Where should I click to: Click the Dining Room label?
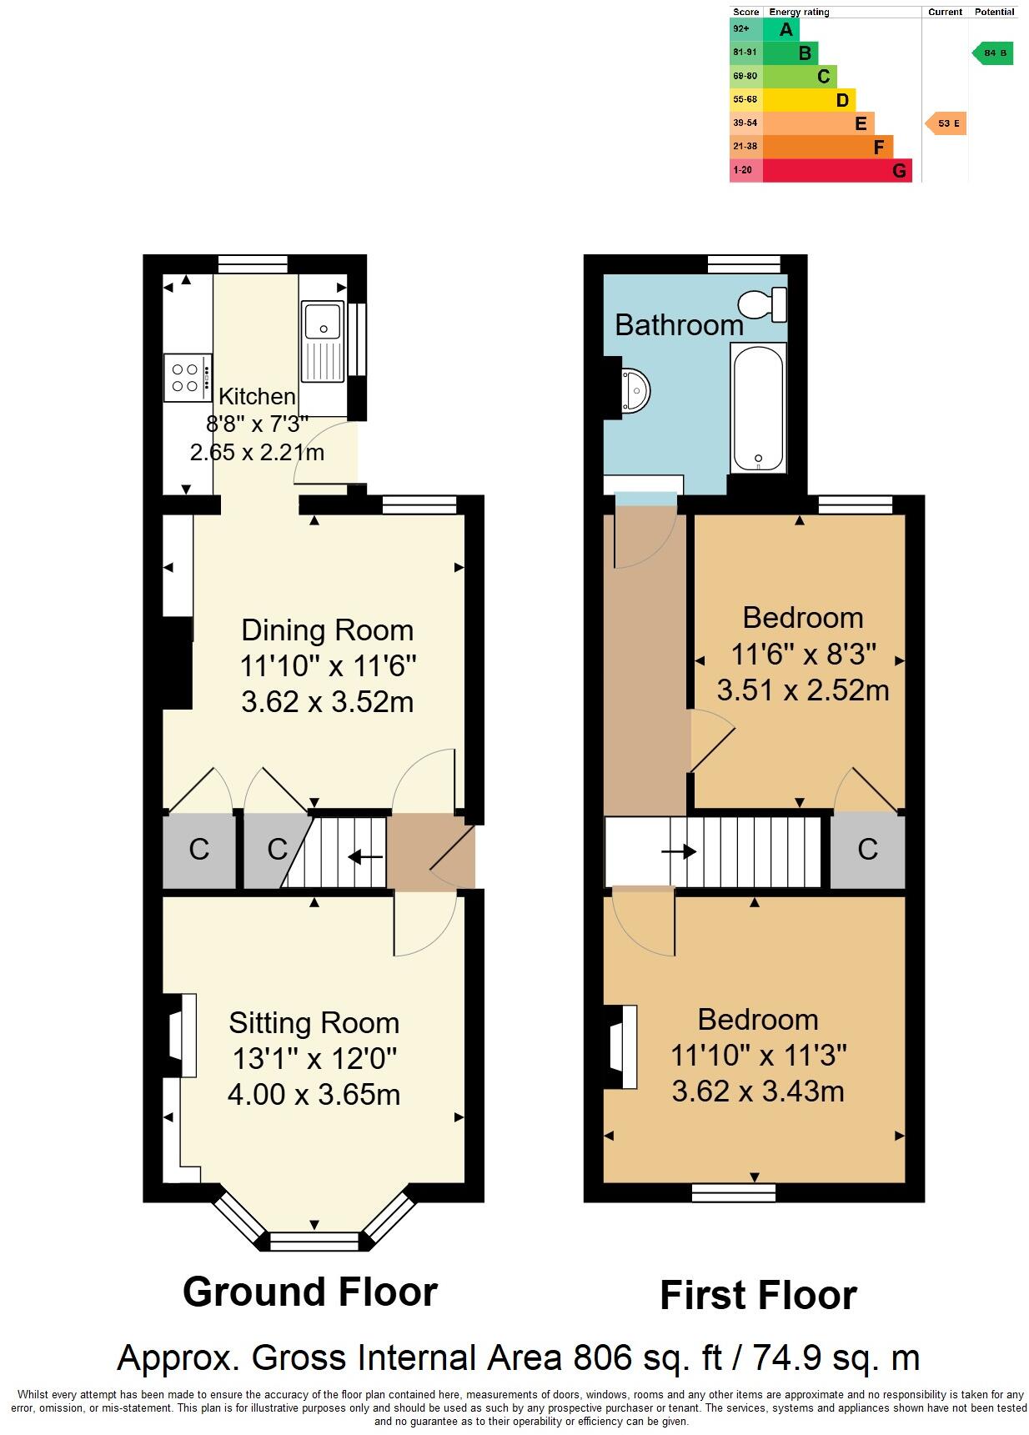pos(327,630)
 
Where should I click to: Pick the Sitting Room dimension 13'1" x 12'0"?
pos(314,1059)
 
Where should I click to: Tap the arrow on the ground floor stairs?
pos(364,856)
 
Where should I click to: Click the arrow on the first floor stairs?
pos(679,851)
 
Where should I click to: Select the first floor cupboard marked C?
pos(867,850)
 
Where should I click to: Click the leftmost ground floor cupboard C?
pos(198,850)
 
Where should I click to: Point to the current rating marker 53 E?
pos(946,123)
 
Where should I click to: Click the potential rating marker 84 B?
pos(993,53)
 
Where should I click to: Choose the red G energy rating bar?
pos(836,171)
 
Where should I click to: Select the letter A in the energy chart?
pos(785,30)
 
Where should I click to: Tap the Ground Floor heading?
pos(309,1292)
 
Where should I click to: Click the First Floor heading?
pos(757,1296)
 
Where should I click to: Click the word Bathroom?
pos(679,325)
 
